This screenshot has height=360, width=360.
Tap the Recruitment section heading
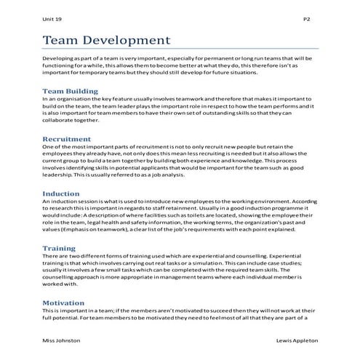click(x=67, y=138)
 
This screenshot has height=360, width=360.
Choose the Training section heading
click(x=60, y=249)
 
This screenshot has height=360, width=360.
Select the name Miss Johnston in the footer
click(x=62, y=340)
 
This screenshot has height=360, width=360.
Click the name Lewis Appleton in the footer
click(x=297, y=340)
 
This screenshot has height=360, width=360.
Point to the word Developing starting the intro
click(x=60, y=57)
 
